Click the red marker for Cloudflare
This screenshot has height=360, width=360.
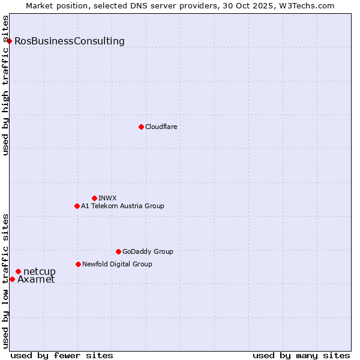tap(141, 127)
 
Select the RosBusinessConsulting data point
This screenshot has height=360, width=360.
tap(10, 41)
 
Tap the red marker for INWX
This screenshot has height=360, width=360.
tap(94, 198)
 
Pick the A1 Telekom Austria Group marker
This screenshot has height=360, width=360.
tap(77, 206)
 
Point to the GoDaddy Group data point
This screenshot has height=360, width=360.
tap(118, 251)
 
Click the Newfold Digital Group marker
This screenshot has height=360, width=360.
tap(78, 264)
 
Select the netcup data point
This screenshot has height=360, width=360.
tap(18, 272)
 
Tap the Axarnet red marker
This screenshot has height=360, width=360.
tap(12, 279)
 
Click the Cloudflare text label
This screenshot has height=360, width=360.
tap(161, 127)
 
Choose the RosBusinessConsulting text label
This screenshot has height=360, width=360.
tap(70, 41)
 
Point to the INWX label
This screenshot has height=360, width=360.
tap(107, 198)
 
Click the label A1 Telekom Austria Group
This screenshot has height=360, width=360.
tap(122, 206)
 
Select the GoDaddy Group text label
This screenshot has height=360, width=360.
tap(148, 251)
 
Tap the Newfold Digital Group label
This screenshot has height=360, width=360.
tap(117, 264)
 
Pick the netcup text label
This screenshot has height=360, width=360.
tap(40, 272)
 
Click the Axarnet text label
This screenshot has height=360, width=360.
tap(36, 280)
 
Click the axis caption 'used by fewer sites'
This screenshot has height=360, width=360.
tap(62, 355)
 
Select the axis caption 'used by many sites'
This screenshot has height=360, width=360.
tap(301, 355)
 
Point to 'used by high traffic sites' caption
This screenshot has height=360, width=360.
tap(6, 85)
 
